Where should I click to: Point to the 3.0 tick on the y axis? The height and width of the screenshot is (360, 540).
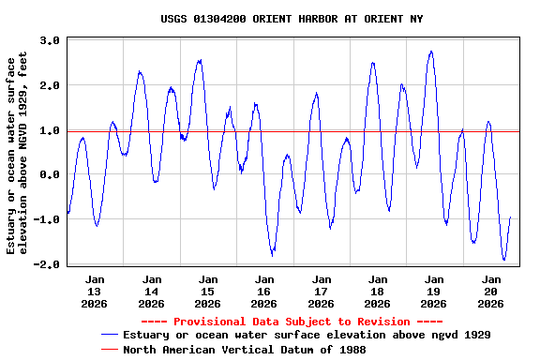51,40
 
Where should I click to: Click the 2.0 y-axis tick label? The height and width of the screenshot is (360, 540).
51,85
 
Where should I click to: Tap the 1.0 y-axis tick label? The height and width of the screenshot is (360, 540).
51,130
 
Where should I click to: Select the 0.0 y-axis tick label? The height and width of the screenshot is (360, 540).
51,175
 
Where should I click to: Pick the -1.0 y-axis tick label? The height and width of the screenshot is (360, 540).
48,220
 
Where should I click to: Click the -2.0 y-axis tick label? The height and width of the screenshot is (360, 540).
48,264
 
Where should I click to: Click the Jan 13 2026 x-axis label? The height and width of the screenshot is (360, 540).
95,291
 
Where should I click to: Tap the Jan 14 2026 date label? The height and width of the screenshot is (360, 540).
151,291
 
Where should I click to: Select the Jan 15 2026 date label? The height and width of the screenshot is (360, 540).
207,291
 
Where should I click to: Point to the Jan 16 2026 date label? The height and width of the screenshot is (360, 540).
264,291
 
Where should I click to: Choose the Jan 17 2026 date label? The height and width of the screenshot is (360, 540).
321,291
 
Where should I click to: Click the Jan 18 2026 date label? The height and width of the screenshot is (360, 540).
377,291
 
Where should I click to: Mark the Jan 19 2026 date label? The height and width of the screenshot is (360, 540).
433,291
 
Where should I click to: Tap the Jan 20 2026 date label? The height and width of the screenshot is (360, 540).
490,291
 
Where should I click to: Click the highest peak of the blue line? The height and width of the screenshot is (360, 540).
431,52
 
